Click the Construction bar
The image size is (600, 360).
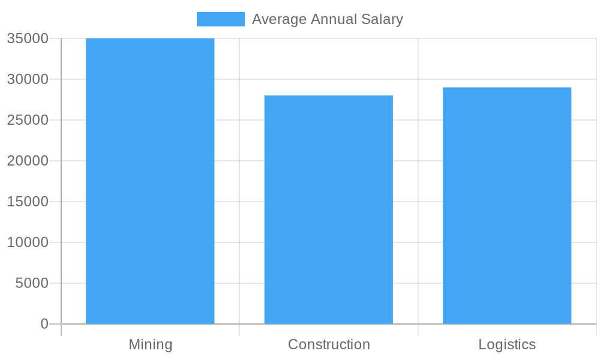(x=328, y=209)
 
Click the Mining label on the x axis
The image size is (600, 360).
(x=150, y=345)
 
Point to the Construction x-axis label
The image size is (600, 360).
(x=329, y=345)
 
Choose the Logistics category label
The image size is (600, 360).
(x=507, y=345)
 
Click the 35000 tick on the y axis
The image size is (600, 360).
(x=28, y=39)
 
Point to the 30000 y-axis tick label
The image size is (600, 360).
(x=28, y=80)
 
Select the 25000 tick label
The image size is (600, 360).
(x=28, y=120)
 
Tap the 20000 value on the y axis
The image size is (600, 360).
(x=28, y=161)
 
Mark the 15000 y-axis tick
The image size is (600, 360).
(x=28, y=202)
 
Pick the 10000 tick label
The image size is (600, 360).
(x=28, y=242)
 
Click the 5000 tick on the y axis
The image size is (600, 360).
(x=32, y=283)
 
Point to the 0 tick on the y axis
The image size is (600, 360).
(x=44, y=324)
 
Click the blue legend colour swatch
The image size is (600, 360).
(x=221, y=19)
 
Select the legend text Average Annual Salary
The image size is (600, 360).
(x=327, y=19)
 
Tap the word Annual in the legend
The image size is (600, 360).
(x=334, y=19)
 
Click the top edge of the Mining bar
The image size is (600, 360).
(x=150, y=39)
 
